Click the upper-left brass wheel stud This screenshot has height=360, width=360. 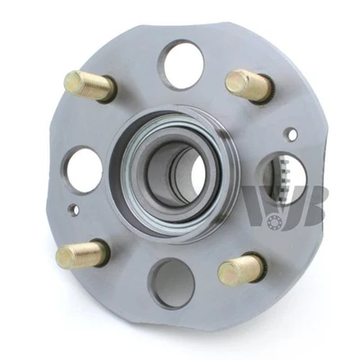pos(90,86)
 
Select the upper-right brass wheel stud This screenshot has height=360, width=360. pos(247,85)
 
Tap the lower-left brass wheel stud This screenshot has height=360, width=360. pos(82,254)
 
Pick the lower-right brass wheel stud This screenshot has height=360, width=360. pos(241,266)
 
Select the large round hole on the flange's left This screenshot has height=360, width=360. pos(85,169)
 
